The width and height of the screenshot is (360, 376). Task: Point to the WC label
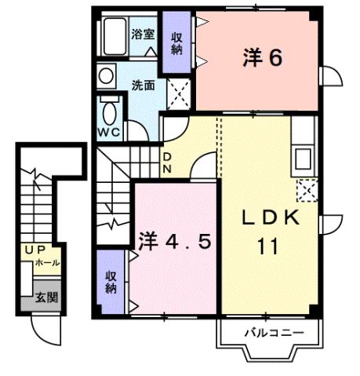[x=109, y=131]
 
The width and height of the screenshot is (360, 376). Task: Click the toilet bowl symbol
[x=109, y=109]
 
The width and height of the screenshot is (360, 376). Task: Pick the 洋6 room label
[x=262, y=59]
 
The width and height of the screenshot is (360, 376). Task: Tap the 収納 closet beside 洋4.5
[x=110, y=282]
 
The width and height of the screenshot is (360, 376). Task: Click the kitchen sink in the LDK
[x=303, y=158]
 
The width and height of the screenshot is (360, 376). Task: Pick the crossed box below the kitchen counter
[x=307, y=189]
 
